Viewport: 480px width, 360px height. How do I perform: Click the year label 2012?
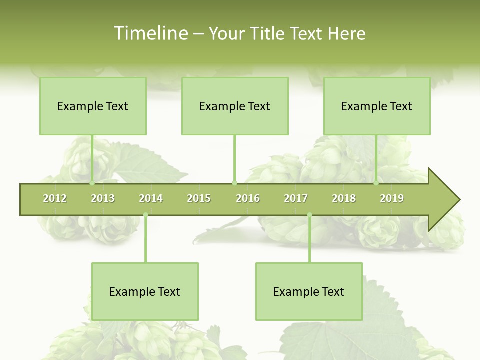tap(55, 198)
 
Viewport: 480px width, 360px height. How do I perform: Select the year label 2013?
tap(103, 198)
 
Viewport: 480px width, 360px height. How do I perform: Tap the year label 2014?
tap(151, 198)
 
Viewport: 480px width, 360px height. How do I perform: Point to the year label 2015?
tap(199, 198)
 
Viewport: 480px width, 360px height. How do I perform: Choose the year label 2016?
tap(248, 198)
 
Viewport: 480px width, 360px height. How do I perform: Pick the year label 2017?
tap(296, 198)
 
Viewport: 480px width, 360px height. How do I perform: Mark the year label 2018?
tap(344, 198)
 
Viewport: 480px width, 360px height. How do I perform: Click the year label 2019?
tap(392, 198)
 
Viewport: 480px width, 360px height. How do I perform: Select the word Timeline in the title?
tap(150, 33)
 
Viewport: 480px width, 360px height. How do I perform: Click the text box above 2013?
tap(93, 106)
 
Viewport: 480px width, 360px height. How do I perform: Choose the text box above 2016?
tap(235, 106)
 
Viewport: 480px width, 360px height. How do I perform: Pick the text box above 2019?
tap(377, 106)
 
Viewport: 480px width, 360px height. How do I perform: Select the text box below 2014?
tap(145, 291)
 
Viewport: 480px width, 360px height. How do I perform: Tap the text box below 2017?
tap(309, 291)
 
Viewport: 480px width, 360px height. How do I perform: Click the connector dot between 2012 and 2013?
tap(92, 183)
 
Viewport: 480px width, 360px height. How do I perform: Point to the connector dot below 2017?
tap(309, 215)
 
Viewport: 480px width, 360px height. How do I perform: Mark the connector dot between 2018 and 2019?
tap(376, 183)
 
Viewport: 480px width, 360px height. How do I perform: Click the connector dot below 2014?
tap(145, 215)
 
